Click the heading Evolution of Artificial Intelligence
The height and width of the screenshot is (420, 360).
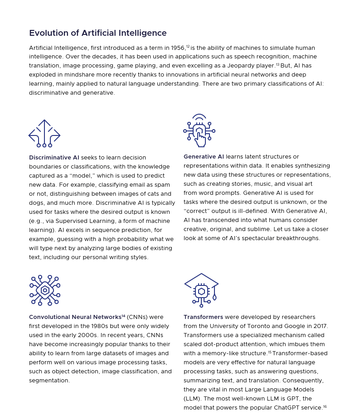[x=97, y=33]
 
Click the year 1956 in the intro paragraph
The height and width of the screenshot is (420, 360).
[x=178, y=48]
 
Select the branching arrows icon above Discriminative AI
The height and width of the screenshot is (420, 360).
[x=44, y=133]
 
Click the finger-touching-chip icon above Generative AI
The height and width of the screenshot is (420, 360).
[x=199, y=130]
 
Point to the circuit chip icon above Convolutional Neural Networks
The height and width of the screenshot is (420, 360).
[x=45, y=290]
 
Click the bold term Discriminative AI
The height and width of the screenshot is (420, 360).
[x=54, y=158]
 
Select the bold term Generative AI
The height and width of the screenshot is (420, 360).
[x=204, y=157]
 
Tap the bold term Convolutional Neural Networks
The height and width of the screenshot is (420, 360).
[x=75, y=317]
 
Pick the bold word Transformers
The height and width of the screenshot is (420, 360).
[x=203, y=317]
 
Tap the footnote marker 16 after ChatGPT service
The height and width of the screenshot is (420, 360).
[x=325, y=406]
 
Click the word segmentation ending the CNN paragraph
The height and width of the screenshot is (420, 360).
[x=49, y=381]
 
